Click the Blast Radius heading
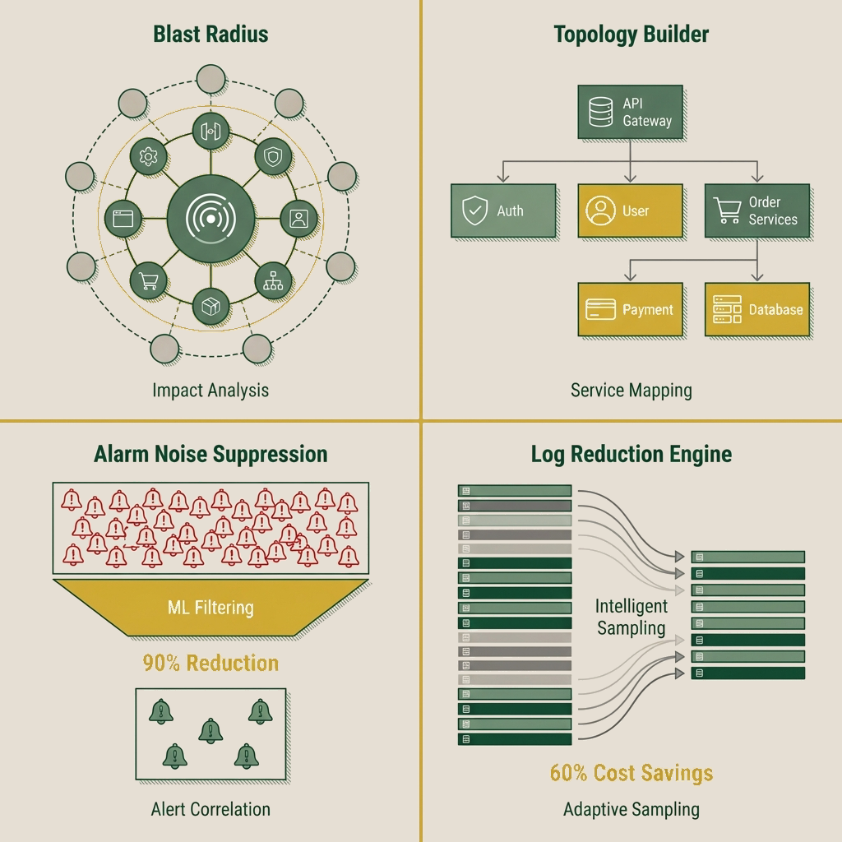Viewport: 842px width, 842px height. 210,35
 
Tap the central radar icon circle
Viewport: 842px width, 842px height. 210,218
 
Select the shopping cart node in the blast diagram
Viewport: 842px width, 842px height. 149,281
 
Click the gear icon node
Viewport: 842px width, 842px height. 149,155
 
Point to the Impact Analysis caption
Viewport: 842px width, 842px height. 210,390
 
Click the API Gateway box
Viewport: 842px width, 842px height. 630,113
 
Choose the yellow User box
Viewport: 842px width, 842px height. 630,211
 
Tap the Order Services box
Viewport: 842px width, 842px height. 756,211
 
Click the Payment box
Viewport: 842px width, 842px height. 630,310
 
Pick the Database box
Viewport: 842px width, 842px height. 756,310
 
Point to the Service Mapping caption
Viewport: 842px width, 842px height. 631,390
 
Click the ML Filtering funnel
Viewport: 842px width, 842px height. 210,608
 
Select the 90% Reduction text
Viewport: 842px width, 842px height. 210,663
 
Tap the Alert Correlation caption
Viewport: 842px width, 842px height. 210,809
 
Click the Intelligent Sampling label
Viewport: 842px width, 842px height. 631,618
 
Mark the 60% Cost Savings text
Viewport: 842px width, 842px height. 631,773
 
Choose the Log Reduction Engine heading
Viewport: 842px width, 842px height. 631,454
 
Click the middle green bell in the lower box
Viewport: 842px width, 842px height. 210,729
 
